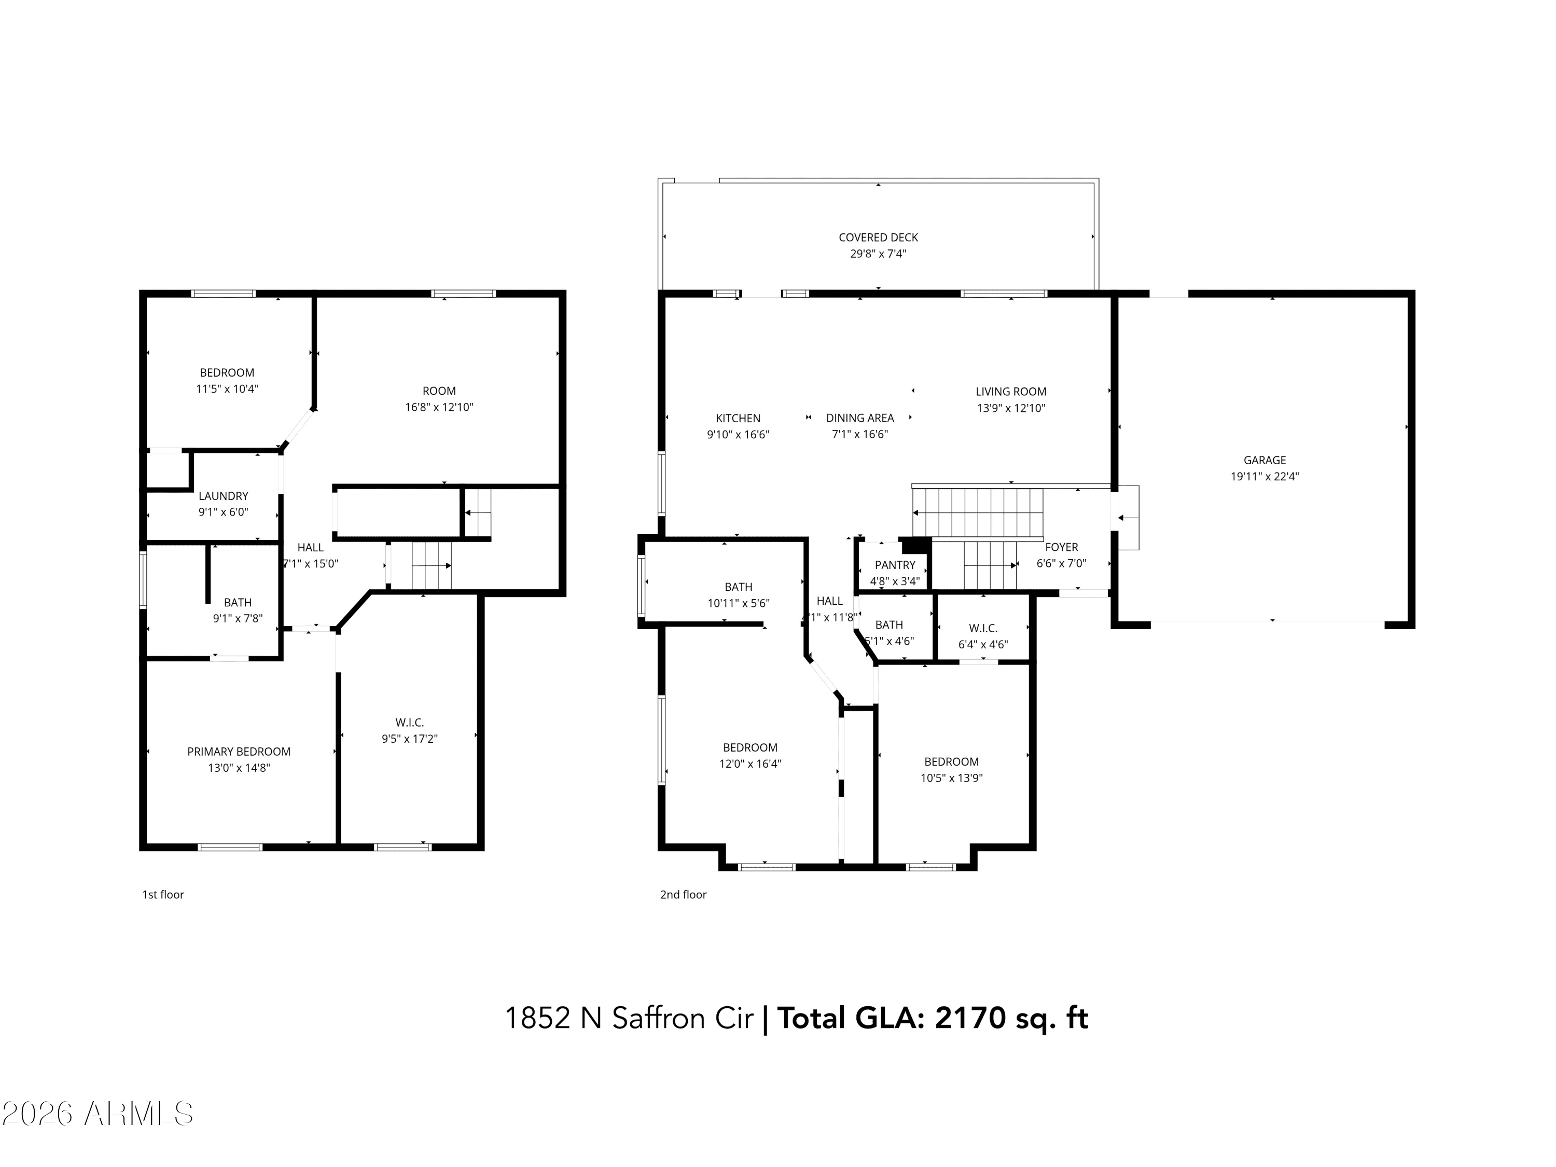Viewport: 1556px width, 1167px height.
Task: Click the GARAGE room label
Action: coord(1264,460)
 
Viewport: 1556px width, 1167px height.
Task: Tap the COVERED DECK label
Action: coord(878,238)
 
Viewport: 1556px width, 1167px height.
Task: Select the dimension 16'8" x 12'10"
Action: coord(439,407)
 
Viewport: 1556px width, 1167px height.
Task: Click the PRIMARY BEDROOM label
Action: coord(239,751)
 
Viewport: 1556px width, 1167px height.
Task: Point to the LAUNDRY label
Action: coord(223,496)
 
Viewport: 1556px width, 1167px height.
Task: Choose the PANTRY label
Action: coord(895,565)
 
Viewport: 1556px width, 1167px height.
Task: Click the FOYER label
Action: coord(1061,547)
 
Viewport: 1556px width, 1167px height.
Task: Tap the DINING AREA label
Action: coord(859,418)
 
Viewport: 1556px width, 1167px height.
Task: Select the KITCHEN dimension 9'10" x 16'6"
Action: coord(738,435)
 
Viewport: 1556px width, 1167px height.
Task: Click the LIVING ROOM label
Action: coord(1010,392)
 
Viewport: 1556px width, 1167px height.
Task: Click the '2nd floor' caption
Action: coord(683,894)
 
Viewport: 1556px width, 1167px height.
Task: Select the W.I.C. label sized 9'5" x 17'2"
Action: coord(409,723)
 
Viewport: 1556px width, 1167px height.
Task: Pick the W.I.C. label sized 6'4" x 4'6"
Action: coord(983,628)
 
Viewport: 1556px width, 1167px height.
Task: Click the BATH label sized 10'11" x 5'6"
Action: coord(738,587)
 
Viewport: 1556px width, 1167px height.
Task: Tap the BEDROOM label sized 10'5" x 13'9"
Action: coord(951,762)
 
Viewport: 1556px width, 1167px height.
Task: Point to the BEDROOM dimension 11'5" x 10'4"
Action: coord(227,389)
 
